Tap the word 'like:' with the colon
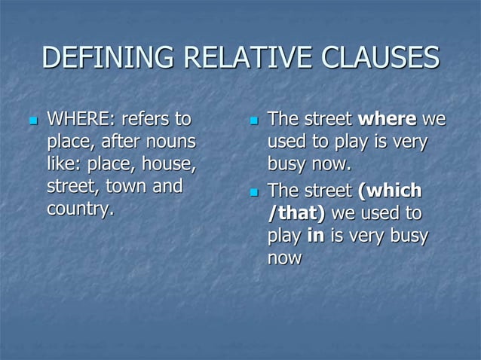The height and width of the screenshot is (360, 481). (x=63, y=163)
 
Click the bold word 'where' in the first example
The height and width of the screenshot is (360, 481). (x=387, y=119)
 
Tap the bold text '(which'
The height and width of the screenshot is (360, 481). (x=391, y=191)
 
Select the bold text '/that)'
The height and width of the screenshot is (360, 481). (x=296, y=214)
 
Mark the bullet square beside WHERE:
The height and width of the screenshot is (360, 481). (x=32, y=121)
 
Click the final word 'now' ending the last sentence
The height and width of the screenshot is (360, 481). (x=284, y=258)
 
